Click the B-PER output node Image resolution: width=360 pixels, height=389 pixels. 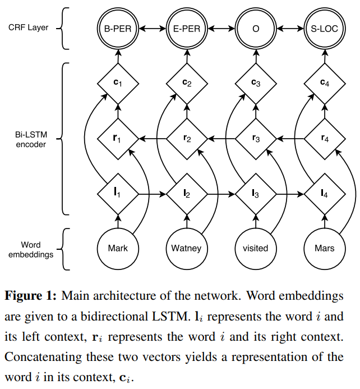pos(118,29)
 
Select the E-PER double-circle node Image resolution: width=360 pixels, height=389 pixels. pos(187,29)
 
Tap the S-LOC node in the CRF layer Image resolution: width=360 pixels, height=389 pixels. pos(325,29)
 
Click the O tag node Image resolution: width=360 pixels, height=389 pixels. pos(256,29)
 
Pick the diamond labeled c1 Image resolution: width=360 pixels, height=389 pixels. pos(118,84)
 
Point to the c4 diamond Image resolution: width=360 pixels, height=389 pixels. pos(325,84)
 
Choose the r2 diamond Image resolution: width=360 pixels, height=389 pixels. pos(187,139)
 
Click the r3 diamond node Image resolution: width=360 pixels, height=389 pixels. pos(256,139)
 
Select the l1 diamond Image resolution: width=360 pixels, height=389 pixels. pos(118,194)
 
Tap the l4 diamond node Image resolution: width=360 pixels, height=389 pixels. pos(325,194)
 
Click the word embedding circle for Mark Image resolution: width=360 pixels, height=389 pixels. pos(118,249)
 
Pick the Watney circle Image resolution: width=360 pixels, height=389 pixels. pos(187,249)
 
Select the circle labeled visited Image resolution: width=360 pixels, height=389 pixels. pos(256,249)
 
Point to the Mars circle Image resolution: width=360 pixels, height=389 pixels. pos(325,249)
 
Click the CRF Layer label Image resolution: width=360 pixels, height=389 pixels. pos(28,28)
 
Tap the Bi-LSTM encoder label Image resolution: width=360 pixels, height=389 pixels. pos(31,139)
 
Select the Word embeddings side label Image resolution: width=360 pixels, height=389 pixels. pos(31,250)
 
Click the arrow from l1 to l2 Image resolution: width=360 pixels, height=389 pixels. pos(152,194)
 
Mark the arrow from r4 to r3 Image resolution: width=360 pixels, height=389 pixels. pos(290,139)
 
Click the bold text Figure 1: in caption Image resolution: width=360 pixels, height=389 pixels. pos(31,296)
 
